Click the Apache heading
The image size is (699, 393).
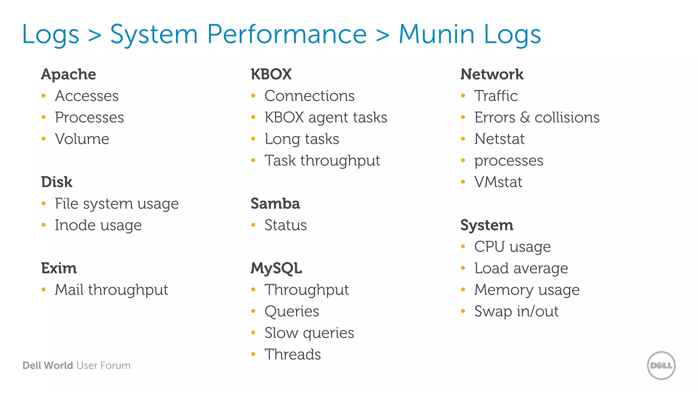coord(69,74)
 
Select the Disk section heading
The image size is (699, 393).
coord(57,182)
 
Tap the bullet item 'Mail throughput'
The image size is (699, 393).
coord(111,290)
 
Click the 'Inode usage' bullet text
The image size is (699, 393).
coord(98,225)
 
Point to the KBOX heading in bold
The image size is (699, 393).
coord(271,74)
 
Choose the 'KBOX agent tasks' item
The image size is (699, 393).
coord(326,118)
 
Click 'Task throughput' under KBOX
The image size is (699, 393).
coord(322,161)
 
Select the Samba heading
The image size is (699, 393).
coord(275,204)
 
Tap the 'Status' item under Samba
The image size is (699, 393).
coord(286,225)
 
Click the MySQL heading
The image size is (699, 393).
coord(276,268)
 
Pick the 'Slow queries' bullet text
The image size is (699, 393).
coord(309,333)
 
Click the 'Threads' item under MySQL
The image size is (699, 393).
coord(293,354)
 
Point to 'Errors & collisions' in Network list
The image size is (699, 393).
coord(537,118)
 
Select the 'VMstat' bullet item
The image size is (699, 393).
coord(498,182)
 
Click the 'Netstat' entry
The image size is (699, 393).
coord(499,139)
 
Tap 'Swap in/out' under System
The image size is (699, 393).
coord(516,311)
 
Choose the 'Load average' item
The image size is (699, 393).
coord(521,268)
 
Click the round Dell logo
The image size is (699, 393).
coord(661,365)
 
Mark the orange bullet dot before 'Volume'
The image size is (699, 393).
coord(44,139)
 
